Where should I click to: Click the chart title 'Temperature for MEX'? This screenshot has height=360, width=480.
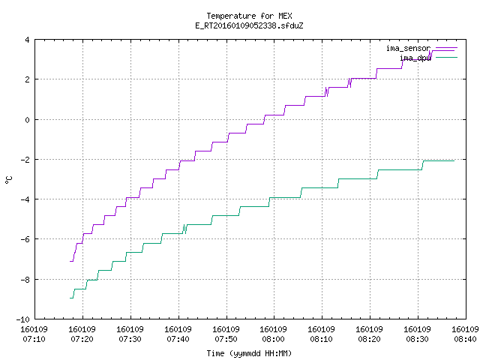tap(249, 16)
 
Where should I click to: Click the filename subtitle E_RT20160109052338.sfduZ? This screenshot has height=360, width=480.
tap(249, 25)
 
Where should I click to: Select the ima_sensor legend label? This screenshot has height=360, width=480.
tap(408, 48)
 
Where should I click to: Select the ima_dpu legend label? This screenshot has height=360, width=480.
tap(415, 58)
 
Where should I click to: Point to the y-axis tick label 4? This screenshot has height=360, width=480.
tap(28, 40)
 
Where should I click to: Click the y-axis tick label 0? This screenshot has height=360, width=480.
tap(28, 120)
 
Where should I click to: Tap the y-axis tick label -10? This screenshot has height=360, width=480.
tap(23, 319)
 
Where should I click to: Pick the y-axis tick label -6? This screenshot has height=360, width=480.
tap(25, 239)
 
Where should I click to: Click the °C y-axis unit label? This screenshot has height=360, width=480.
tap(8, 180)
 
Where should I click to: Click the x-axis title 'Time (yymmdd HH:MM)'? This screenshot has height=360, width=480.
tap(249, 353)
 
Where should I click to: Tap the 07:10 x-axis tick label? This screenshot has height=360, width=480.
tap(34, 339)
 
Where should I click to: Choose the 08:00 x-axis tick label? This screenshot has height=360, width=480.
tap(273, 339)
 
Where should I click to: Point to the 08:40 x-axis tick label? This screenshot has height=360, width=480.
tap(465, 339)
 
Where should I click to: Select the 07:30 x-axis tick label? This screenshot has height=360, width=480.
tap(130, 339)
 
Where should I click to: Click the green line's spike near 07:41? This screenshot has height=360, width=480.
tap(184, 229)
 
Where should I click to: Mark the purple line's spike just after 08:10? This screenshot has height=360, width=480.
tap(327, 91)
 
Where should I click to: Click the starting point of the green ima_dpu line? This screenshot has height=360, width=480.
tap(70, 298)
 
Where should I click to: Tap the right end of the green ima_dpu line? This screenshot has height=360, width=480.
tap(454, 160)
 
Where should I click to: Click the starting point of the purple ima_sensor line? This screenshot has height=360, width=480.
tap(70, 261)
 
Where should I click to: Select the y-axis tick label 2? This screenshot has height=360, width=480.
tap(28, 79)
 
